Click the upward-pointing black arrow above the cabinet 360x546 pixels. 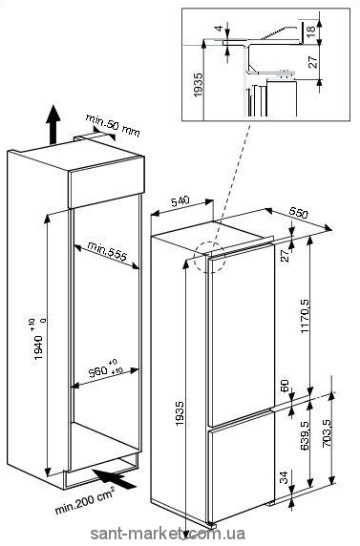coord(53,124)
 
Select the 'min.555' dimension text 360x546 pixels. coord(106,251)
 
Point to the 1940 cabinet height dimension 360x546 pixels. coord(39,340)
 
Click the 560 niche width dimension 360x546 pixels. coord(102,368)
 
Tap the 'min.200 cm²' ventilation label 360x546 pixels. coord(85,501)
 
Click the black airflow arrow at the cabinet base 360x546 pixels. coord(114,479)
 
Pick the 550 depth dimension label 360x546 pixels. coord(299,212)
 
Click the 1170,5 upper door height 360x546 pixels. coord(306,317)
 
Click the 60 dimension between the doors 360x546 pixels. coord(285,387)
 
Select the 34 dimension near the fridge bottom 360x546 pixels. coord(285,477)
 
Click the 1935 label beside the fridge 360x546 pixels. coord(179,413)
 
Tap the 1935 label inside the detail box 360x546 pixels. coord(198,84)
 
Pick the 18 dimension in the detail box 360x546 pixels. coord(311,27)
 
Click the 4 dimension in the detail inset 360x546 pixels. coord(219,28)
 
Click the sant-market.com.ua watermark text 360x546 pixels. coord(168,534)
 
